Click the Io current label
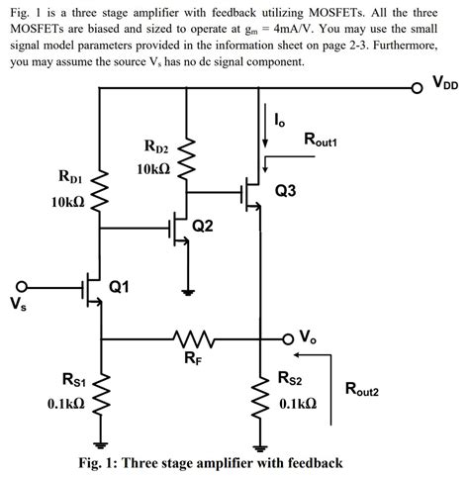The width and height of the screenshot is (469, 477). [x=279, y=120]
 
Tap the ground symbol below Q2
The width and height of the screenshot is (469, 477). [x=188, y=291]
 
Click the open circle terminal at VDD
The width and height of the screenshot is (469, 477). [x=419, y=86]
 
